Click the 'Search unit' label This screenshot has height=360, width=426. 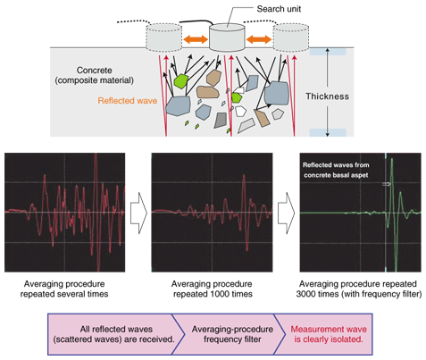pos(279,9)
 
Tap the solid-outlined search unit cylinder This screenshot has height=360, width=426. pos(227,38)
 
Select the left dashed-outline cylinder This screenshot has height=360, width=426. pos(163,38)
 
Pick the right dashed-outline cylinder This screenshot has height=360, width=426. pos(291,38)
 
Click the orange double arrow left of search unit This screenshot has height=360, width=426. pos(196,39)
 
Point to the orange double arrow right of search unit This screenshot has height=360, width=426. pos(259,39)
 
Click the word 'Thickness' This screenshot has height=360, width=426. pos(327,96)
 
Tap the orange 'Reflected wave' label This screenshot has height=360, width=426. pos(128,101)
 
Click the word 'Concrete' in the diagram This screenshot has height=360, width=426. pos(95,71)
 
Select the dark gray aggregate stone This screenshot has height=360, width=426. pos(221,121)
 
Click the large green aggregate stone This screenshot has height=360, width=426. pos(180,81)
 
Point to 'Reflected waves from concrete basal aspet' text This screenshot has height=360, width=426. pos(336,170)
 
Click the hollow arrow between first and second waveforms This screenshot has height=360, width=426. pos(138,213)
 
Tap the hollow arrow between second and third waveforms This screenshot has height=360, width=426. pos(287,213)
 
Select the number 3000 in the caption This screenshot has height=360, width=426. pos(306,294)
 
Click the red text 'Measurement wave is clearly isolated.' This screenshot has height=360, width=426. pos(329,334)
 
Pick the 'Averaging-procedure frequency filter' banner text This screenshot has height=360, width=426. pos(232,334)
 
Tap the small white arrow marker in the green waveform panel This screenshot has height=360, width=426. pos(386,184)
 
